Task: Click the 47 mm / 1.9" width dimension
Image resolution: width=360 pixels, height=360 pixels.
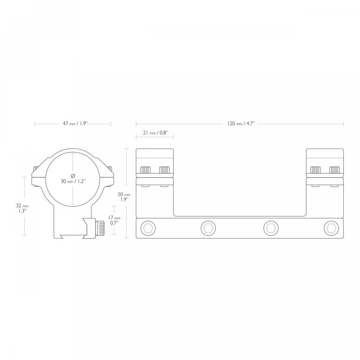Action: [x=76, y=123]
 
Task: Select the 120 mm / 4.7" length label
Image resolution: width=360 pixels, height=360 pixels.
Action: [x=241, y=123]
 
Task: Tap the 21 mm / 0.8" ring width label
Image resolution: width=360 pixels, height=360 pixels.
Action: [x=155, y=133]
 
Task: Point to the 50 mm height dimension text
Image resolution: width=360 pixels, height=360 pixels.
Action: [x=124, y=197]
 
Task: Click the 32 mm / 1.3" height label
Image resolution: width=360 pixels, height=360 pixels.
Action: [x=22, y=208]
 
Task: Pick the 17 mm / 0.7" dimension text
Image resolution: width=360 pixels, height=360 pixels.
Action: [x=114, y=220]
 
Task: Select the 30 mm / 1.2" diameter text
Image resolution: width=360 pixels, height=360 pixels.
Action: [x=73, y=181]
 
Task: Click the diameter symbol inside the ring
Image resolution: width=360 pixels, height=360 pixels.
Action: [x=73, y=176]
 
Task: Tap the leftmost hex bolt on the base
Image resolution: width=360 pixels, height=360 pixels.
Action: [x=148, y=228]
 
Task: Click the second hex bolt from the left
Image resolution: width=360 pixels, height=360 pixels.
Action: [x=208, y=228]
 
